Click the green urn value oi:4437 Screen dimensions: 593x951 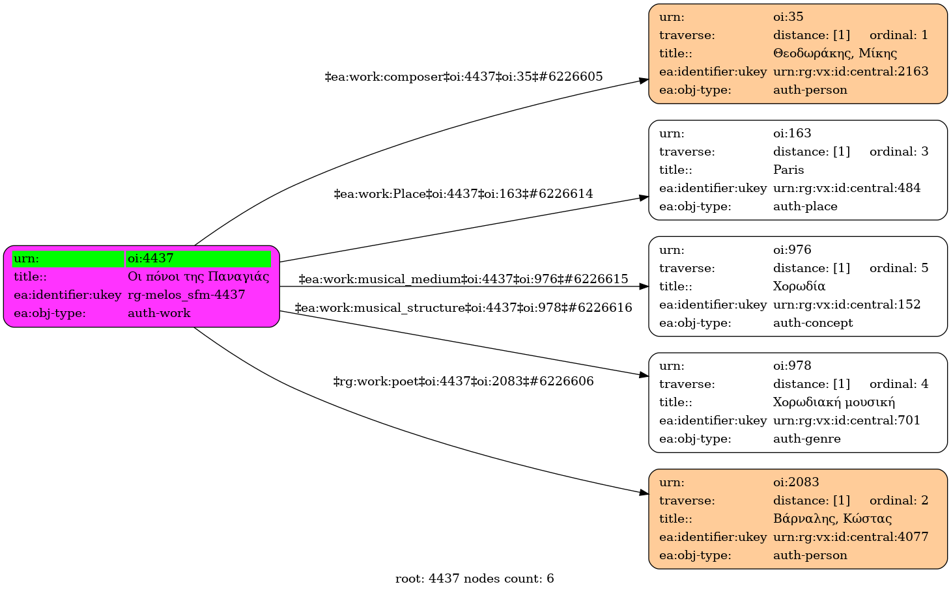(151, 258)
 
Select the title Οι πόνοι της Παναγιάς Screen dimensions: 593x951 (198, 277)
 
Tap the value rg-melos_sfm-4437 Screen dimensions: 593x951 (186, 295)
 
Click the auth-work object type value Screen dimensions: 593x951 (159, 313)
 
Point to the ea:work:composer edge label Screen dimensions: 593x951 (463, 77)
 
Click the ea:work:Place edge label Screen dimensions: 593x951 (463, 194)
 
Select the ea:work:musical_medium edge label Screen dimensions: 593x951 (463, 279)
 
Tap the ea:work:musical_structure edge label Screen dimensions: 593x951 (463, 307)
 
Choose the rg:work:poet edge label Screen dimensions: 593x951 (463, 381)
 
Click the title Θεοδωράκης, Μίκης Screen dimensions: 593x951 (834, 53)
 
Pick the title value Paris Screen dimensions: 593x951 (788, 170)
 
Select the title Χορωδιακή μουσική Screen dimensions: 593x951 (834, 402)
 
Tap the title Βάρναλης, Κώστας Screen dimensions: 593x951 (832, 519)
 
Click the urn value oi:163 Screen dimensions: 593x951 (792, 133)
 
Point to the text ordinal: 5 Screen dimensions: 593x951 (899, 268)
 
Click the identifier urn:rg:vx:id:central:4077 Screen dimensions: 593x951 (851, 537)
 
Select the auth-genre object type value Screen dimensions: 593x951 (806, 439)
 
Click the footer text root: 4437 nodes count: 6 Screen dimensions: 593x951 (474, 579)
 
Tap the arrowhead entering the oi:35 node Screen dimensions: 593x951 (644, 81)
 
